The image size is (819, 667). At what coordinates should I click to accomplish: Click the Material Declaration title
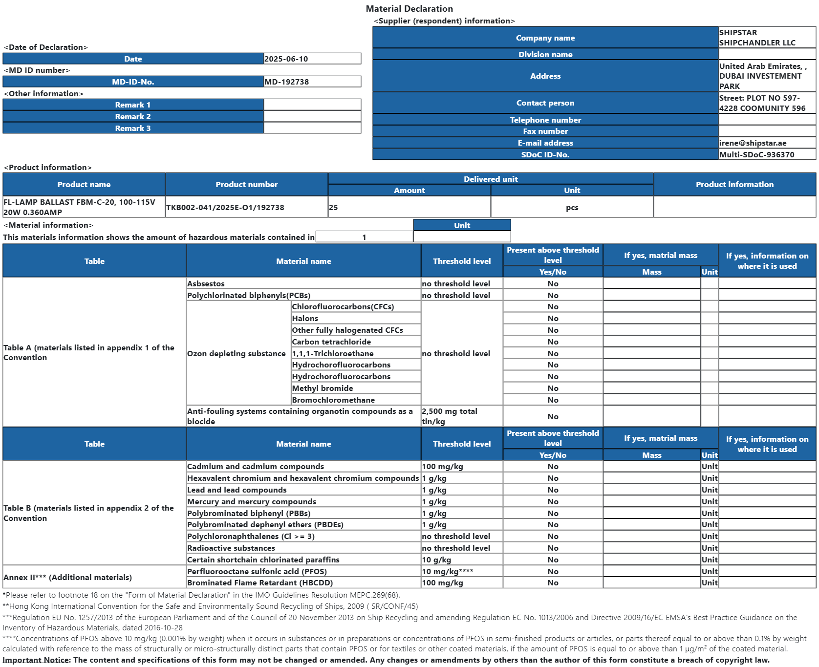click(409, 9)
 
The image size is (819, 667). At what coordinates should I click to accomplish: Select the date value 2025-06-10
click(286, 59)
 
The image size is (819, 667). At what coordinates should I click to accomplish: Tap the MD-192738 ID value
click(287, 82)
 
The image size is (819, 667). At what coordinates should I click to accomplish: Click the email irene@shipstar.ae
click(753, 143)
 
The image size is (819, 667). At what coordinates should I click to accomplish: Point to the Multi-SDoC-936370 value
click(756, 155)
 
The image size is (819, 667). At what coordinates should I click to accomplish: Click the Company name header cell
click(545, 38)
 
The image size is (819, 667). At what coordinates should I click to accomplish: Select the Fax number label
click(545, 131)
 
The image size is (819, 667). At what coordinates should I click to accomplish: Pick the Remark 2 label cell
click(133, 117)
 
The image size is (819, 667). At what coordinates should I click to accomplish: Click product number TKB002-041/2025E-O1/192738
click(225, 208)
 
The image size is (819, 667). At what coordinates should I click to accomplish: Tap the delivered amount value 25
click(334, 208)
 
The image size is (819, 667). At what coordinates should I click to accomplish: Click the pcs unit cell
click(572, 208)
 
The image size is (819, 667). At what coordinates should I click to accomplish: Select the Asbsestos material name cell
click(206, 284)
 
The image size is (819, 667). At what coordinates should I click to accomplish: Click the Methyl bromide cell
click(323, 388)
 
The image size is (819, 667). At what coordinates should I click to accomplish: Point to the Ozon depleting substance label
click(237, 354)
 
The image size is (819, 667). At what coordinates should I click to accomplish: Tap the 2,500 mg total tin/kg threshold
click(450, 416)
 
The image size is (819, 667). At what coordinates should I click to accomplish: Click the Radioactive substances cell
click(231, 548)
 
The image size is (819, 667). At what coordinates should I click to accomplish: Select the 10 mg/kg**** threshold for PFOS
click(448, 572)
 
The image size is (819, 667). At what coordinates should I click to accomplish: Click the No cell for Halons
click(553, 319)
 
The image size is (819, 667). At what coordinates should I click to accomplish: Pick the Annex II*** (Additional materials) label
click(68, 578)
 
